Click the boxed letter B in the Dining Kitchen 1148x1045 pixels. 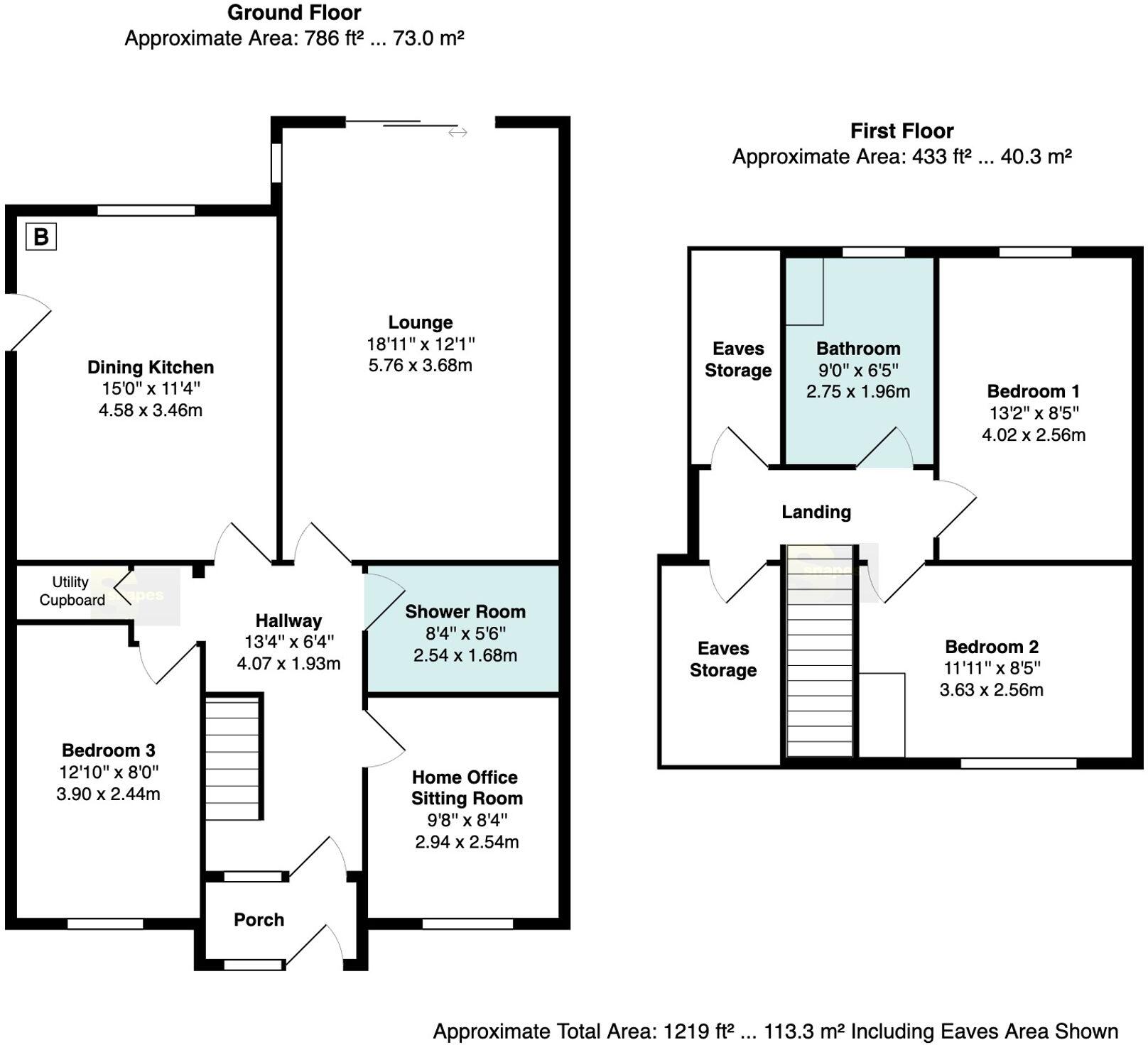(41, 236)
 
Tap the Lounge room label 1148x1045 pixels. (421, 322)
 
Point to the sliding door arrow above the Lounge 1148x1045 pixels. (457, 132)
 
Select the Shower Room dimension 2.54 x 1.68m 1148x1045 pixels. (465, 655)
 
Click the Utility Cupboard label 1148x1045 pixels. (71, 591)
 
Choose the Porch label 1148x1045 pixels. (259, 919)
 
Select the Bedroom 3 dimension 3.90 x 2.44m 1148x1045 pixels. (108, 794)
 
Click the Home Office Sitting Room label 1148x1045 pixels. (466, 787)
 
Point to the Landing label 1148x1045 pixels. (816, 512)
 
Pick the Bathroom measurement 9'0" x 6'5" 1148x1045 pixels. (858, 370)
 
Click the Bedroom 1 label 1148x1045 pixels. (1033, 391)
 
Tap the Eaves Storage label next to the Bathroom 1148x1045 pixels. (738, 359)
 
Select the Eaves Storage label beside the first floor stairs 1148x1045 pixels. (723, 659)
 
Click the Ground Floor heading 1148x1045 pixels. (294, 12)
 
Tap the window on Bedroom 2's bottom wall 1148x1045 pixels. (1019, 763)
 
